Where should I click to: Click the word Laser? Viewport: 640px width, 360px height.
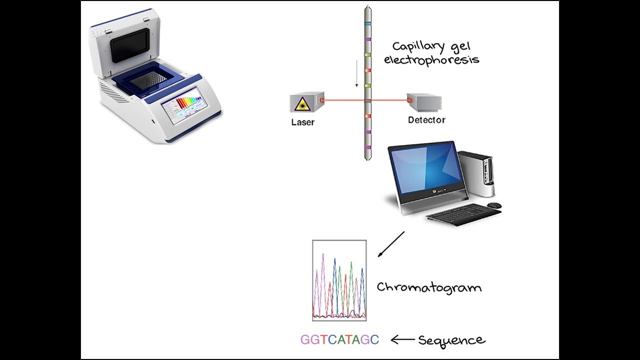[302, 121]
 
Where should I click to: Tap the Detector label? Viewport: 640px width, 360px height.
[426, 120]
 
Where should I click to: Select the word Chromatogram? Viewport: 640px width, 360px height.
[429, 287]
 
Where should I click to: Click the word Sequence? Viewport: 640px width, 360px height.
[451, 340]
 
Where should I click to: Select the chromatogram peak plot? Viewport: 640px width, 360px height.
[339, 280]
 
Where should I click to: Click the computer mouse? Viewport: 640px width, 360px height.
[494, 205]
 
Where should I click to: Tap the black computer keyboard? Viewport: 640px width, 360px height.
[463, 214]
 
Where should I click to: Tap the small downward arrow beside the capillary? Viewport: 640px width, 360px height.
[356, 73]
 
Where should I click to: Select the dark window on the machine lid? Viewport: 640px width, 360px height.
[130, 44]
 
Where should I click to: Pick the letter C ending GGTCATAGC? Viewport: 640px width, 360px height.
[375, 340]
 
